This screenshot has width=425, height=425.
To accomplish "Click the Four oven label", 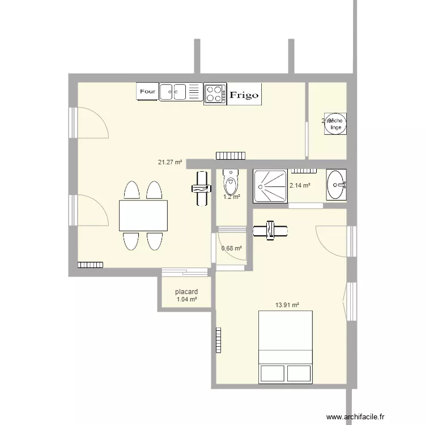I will pyautogui.click(x=147, y=91).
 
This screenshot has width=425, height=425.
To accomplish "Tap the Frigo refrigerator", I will pyautogui.click(x=244, y=95).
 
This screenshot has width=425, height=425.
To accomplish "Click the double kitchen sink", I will pyautogui.click(x=173, y=92).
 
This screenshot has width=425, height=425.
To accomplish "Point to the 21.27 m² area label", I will pyautogui.click(x=169, y=162).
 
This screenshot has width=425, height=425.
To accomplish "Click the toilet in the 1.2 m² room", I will pyautogui.click(x=230, y=181).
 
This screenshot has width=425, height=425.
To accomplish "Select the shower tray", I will pyautogui.click(x=270, y=185).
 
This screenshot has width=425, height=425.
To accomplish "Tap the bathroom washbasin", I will pyautogui.click(x=337, y=184).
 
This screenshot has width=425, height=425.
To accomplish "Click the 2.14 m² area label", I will pyautogui.click(x=300, y=185).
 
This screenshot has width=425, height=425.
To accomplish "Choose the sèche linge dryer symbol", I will pyautogui.click(x=335, y=124).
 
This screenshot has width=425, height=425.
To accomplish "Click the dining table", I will pyautogui.click(x=143, y=215).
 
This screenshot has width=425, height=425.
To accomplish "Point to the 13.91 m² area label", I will pyautogui.click(x=287, y=305).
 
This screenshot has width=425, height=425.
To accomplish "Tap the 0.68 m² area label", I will pyautogui.click(x=231, y=248).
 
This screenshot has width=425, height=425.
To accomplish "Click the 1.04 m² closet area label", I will pyautogui.click(x=186, y=300).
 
